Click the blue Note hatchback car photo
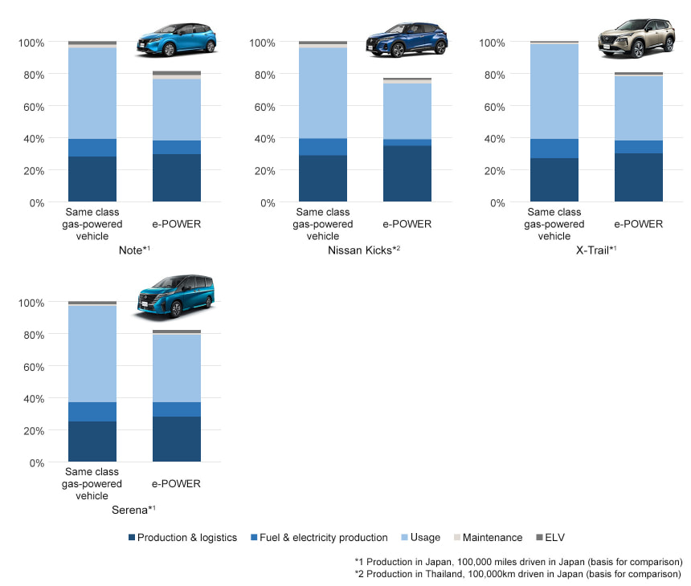coord(177,39)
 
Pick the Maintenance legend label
coord(493,537)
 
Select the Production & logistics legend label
coord(187,537)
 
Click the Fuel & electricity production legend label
coord(324,537)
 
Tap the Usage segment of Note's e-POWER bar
coord(176,110)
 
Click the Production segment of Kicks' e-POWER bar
coord(407,173)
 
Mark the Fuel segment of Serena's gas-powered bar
coord(92,412)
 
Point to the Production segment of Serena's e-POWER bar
coord(176,439)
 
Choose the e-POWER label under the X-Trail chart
coord(638,224)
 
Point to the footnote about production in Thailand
coord(517,574)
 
